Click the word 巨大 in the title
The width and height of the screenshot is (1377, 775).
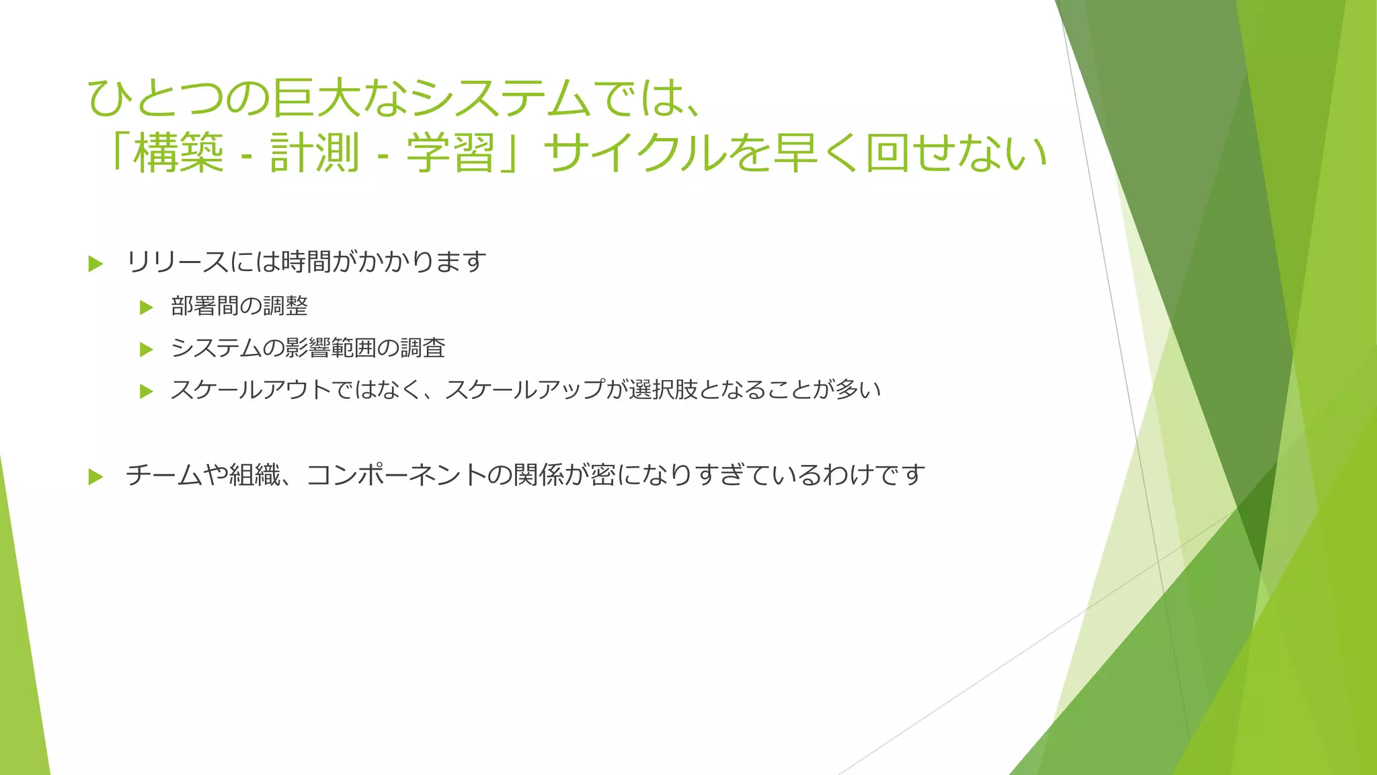[316, 98]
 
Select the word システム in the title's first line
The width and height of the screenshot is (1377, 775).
[501, 98]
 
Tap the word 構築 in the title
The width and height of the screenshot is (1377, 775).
[178, 153]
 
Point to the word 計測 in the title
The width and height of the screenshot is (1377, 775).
[315, 153]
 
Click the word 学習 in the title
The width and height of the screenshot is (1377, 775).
[451, 153]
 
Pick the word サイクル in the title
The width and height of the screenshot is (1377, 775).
[635, 153]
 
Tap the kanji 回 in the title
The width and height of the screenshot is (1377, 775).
[887, 153]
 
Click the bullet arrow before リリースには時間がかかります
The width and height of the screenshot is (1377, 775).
[95, 264]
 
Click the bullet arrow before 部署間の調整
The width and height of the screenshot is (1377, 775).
[147, 308]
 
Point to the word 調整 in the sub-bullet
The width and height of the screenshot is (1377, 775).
[285, 306]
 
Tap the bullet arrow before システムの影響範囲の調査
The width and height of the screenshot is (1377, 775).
[147, 350]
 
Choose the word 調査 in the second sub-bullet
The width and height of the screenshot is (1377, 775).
[423, 348]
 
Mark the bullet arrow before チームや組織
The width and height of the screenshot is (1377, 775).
[95, 477]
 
